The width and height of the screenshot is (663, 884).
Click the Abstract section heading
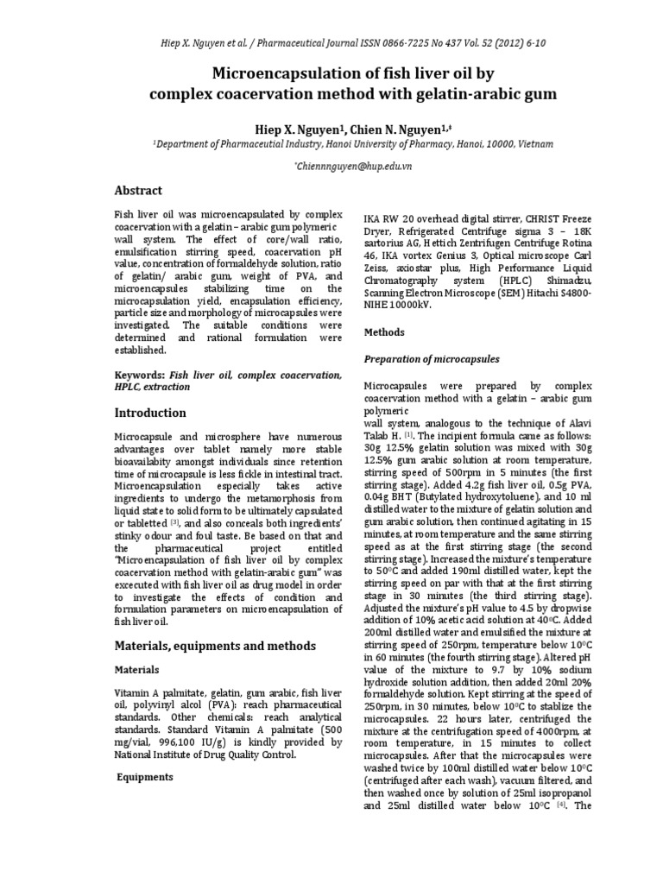(x=139, y=190)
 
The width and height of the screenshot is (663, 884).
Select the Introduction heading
(x=151, y=413)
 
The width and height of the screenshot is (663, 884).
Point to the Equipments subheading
(x=146, y=777)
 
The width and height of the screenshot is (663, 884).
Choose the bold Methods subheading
(x=383, y=331)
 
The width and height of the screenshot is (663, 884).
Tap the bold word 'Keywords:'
(x=140, y=376)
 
